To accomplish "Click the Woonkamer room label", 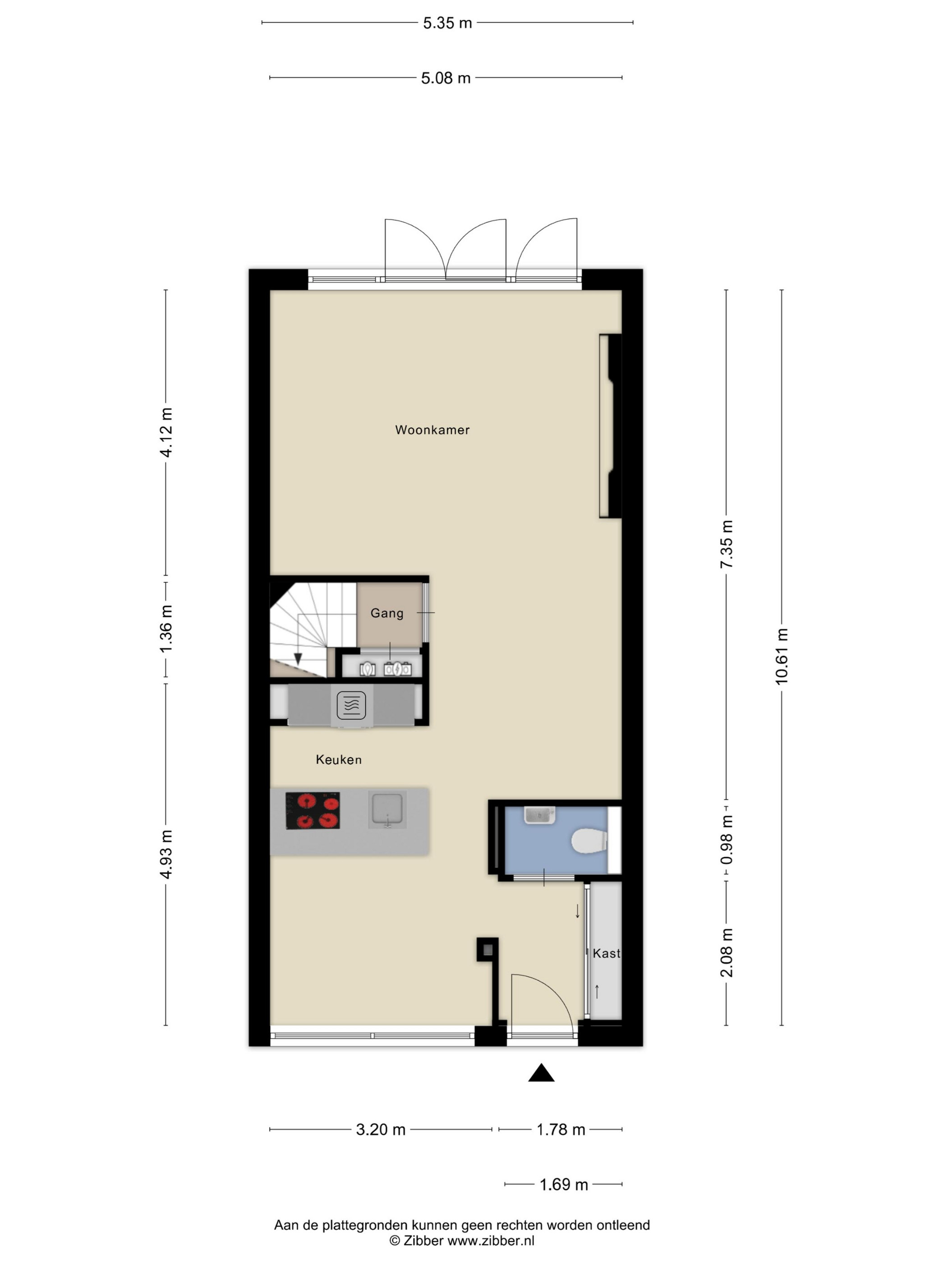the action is click(x=432, y=430).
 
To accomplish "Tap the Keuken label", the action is click(x=339, y=759).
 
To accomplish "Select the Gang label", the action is click(x=386, y=613).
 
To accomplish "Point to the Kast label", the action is click(x=606, y=953).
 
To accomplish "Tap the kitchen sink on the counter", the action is click(x=387, y=809).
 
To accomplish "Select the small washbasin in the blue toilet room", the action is click(x=539, y=815).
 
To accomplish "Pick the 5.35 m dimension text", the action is click(x=447, y=23).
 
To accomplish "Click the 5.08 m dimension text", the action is click(x=446, y=78).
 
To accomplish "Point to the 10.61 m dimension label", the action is click(x=782, y=656).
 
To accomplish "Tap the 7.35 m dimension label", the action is click(x=726, y=544).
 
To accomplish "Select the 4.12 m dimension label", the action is click(x=165, y=432).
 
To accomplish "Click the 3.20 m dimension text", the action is click(x=381, y=1129).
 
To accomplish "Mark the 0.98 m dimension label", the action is click(x=726, y=840).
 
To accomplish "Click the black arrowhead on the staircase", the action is click(x=297, y=659).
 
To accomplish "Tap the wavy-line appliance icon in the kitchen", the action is click(x=351, y=705).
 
